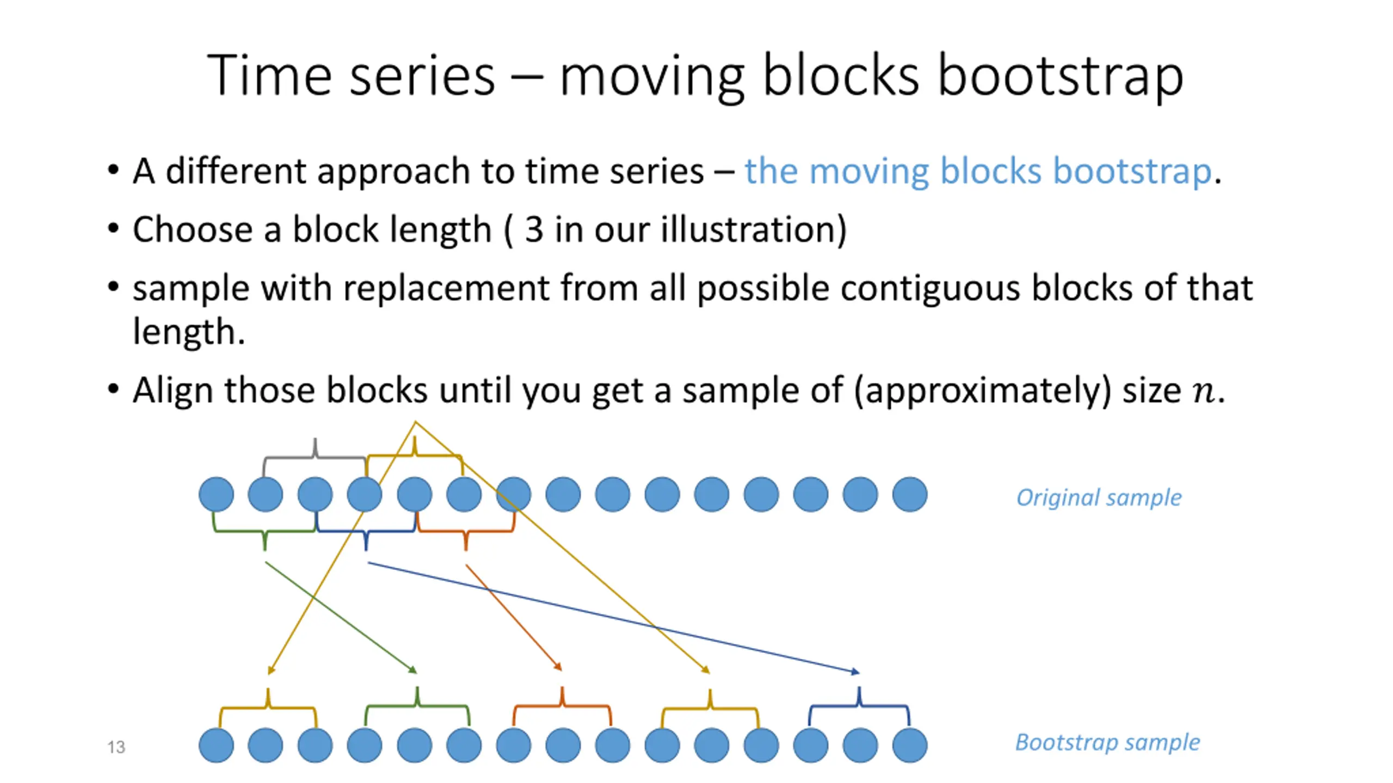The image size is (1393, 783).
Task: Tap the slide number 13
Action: click(116, 747)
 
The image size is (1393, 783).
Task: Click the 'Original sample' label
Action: click(1099, 498)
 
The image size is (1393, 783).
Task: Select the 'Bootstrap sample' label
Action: click(1107, 743)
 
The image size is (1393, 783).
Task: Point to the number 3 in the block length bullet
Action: click(534, 229)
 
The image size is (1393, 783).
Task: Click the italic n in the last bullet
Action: click(1203, 391)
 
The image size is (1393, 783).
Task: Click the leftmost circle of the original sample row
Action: click(216, 494)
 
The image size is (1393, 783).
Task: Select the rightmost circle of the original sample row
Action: click(910, 494)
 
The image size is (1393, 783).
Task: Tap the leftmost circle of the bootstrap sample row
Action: click(216, 745)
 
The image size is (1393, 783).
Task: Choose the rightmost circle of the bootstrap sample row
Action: click(910, 745)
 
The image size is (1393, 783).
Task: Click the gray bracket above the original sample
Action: click(315, 457)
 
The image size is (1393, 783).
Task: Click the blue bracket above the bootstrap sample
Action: click(859, 706)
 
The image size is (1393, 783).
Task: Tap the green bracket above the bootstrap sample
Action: click(417, 706)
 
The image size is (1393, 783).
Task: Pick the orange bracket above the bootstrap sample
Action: click(562, 706)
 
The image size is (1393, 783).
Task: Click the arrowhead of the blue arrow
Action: click(855, 672)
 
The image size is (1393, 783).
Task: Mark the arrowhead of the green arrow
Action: click(413, 669)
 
